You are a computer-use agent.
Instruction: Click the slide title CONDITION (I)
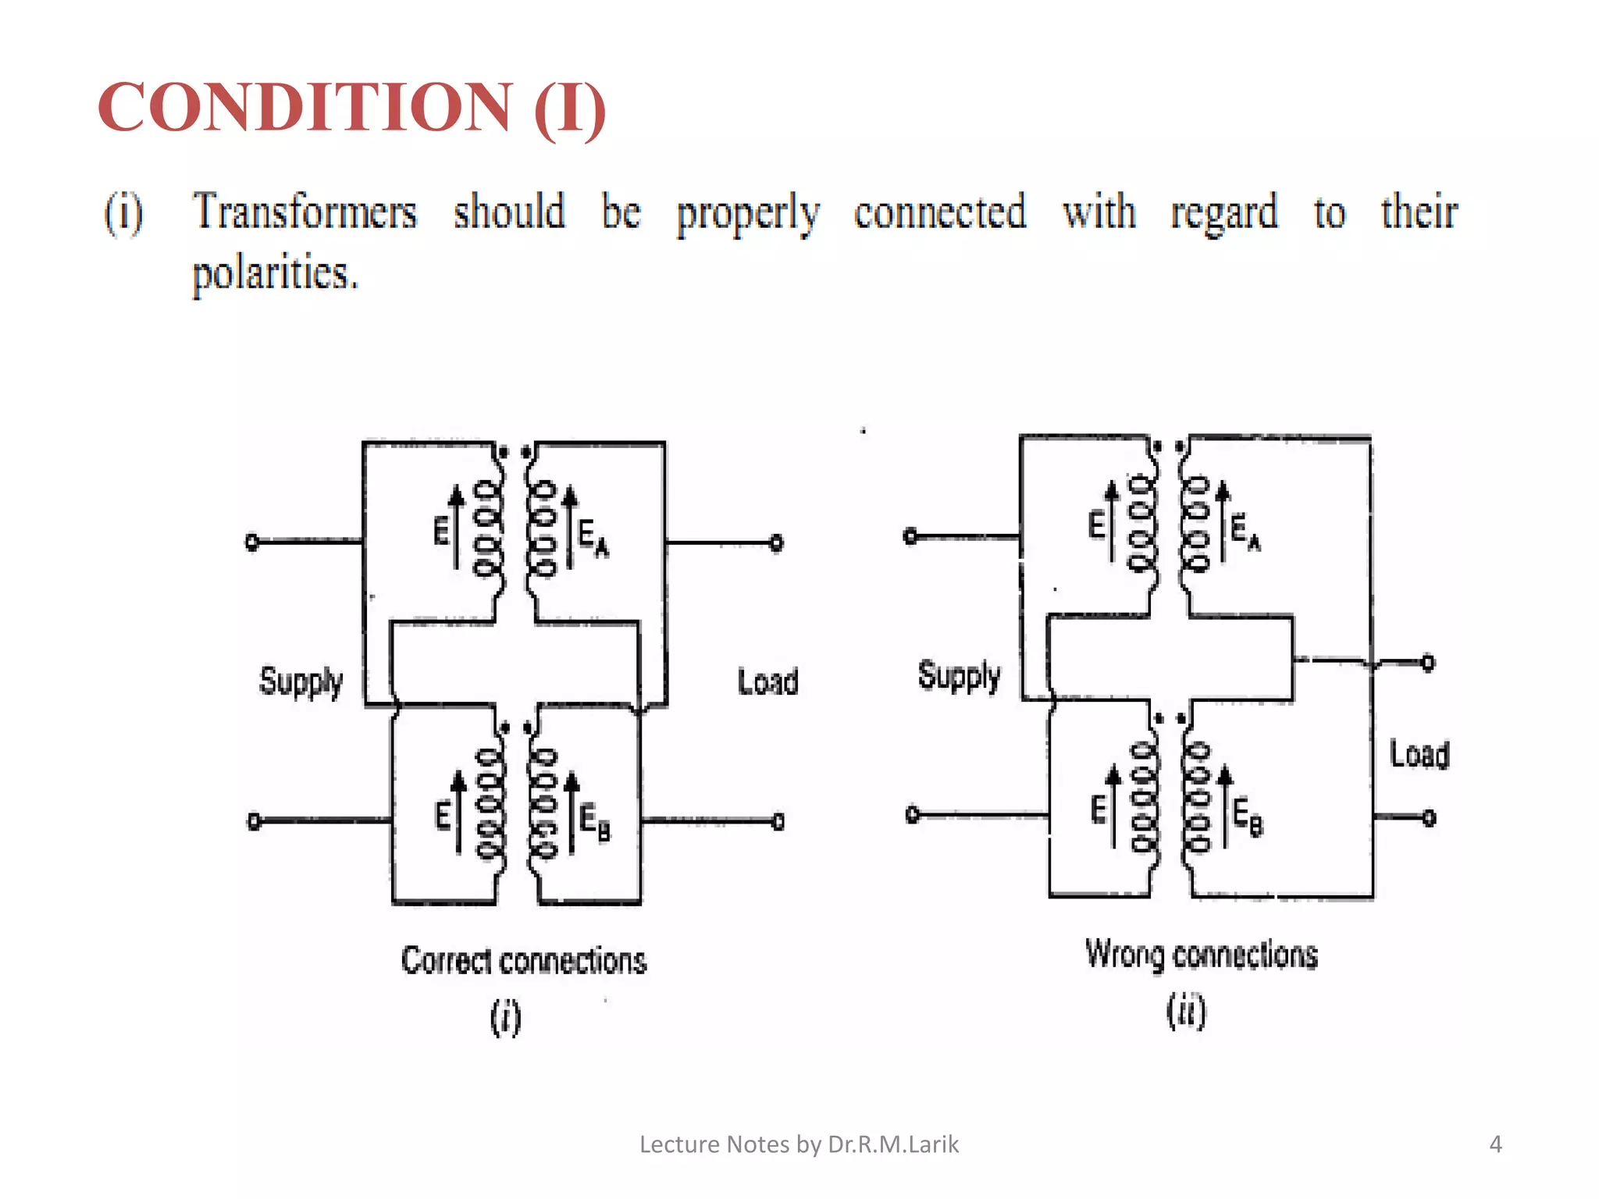click(x=351, y=108)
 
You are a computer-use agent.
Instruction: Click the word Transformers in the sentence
click(x=305, y=212)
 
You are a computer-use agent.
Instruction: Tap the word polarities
click(x=275, y=273)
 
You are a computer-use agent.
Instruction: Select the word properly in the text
click(x=747, y=213)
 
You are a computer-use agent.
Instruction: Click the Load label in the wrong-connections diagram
click(x=1419, y=755)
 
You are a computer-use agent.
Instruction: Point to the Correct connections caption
click(x=524, y=961)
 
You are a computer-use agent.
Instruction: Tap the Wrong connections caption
click(x=1201, y=955)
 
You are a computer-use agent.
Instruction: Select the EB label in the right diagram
click(x=1248, y=817)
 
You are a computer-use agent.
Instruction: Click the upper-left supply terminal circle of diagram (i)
click(x=252, y=542)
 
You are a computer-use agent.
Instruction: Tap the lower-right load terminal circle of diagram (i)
click(x=778, y=821)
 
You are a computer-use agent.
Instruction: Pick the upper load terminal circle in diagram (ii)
click(x=1428, y=663)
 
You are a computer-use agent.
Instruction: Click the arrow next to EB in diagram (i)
click(x=572, y=812)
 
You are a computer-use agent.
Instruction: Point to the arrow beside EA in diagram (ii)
click(x=1223, y=520)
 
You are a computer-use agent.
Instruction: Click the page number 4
click(x=1495, y=1144)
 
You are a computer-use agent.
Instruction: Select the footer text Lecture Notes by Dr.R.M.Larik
click(x=799, y=1144)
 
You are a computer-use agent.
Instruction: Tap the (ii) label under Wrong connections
click(x=1186, y=1012)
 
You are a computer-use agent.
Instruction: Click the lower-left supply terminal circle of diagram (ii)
click(x=912, y=815)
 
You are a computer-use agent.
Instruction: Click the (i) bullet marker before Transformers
click(x=124, y=212)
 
